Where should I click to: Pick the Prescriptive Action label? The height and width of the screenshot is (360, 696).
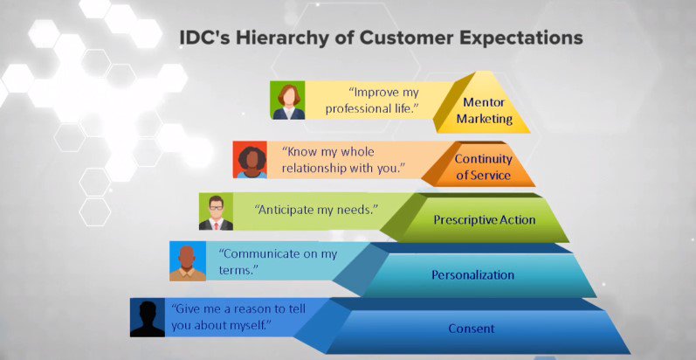click(484, 219)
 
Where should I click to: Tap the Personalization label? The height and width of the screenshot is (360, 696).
click(472, 275)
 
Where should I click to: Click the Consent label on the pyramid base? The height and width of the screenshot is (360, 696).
click(472, 329)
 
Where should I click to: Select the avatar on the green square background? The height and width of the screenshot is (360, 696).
click(286, 100)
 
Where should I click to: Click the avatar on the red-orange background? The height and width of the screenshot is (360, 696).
click(251, 159)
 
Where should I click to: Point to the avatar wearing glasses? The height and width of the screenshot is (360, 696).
click(216, 211)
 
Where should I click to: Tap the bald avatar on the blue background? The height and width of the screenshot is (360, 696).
click(187, 262)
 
